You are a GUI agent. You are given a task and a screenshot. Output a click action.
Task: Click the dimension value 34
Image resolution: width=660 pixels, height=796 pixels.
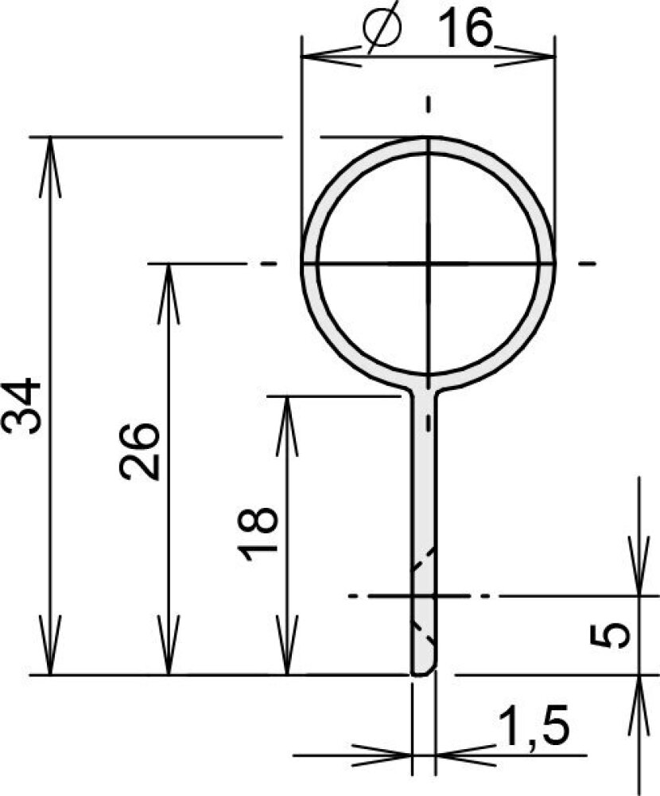[21, 405]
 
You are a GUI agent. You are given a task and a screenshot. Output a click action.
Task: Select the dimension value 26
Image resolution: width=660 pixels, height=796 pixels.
[139, 451]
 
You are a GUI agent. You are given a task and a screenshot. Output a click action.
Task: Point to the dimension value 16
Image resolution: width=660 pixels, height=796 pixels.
[465, 29]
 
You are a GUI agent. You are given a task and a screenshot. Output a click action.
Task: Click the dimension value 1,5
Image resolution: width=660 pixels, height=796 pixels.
[534, 725]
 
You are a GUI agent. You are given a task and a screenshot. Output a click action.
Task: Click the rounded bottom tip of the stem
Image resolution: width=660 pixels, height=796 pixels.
[423, 673]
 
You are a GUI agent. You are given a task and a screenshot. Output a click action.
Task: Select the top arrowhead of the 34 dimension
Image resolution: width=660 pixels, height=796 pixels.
[50, 167]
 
